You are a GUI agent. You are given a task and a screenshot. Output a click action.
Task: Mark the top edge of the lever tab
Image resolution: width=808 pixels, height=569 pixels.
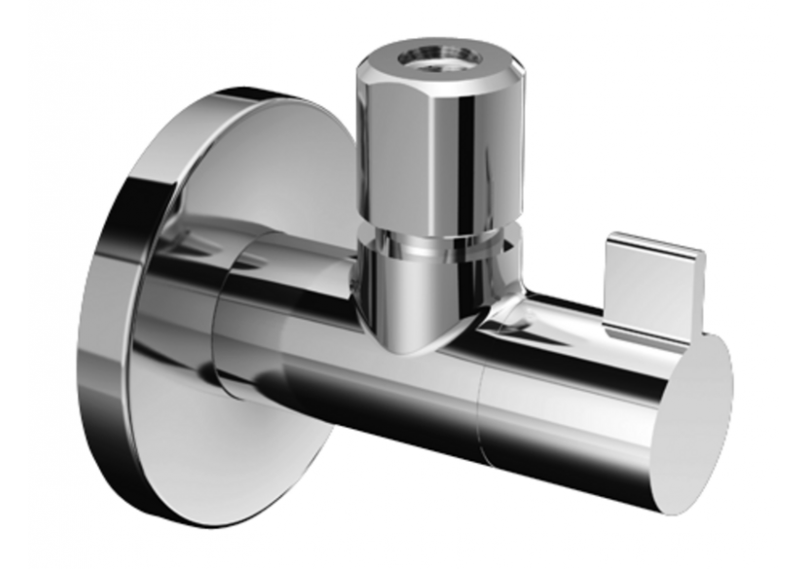coord(654,237)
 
